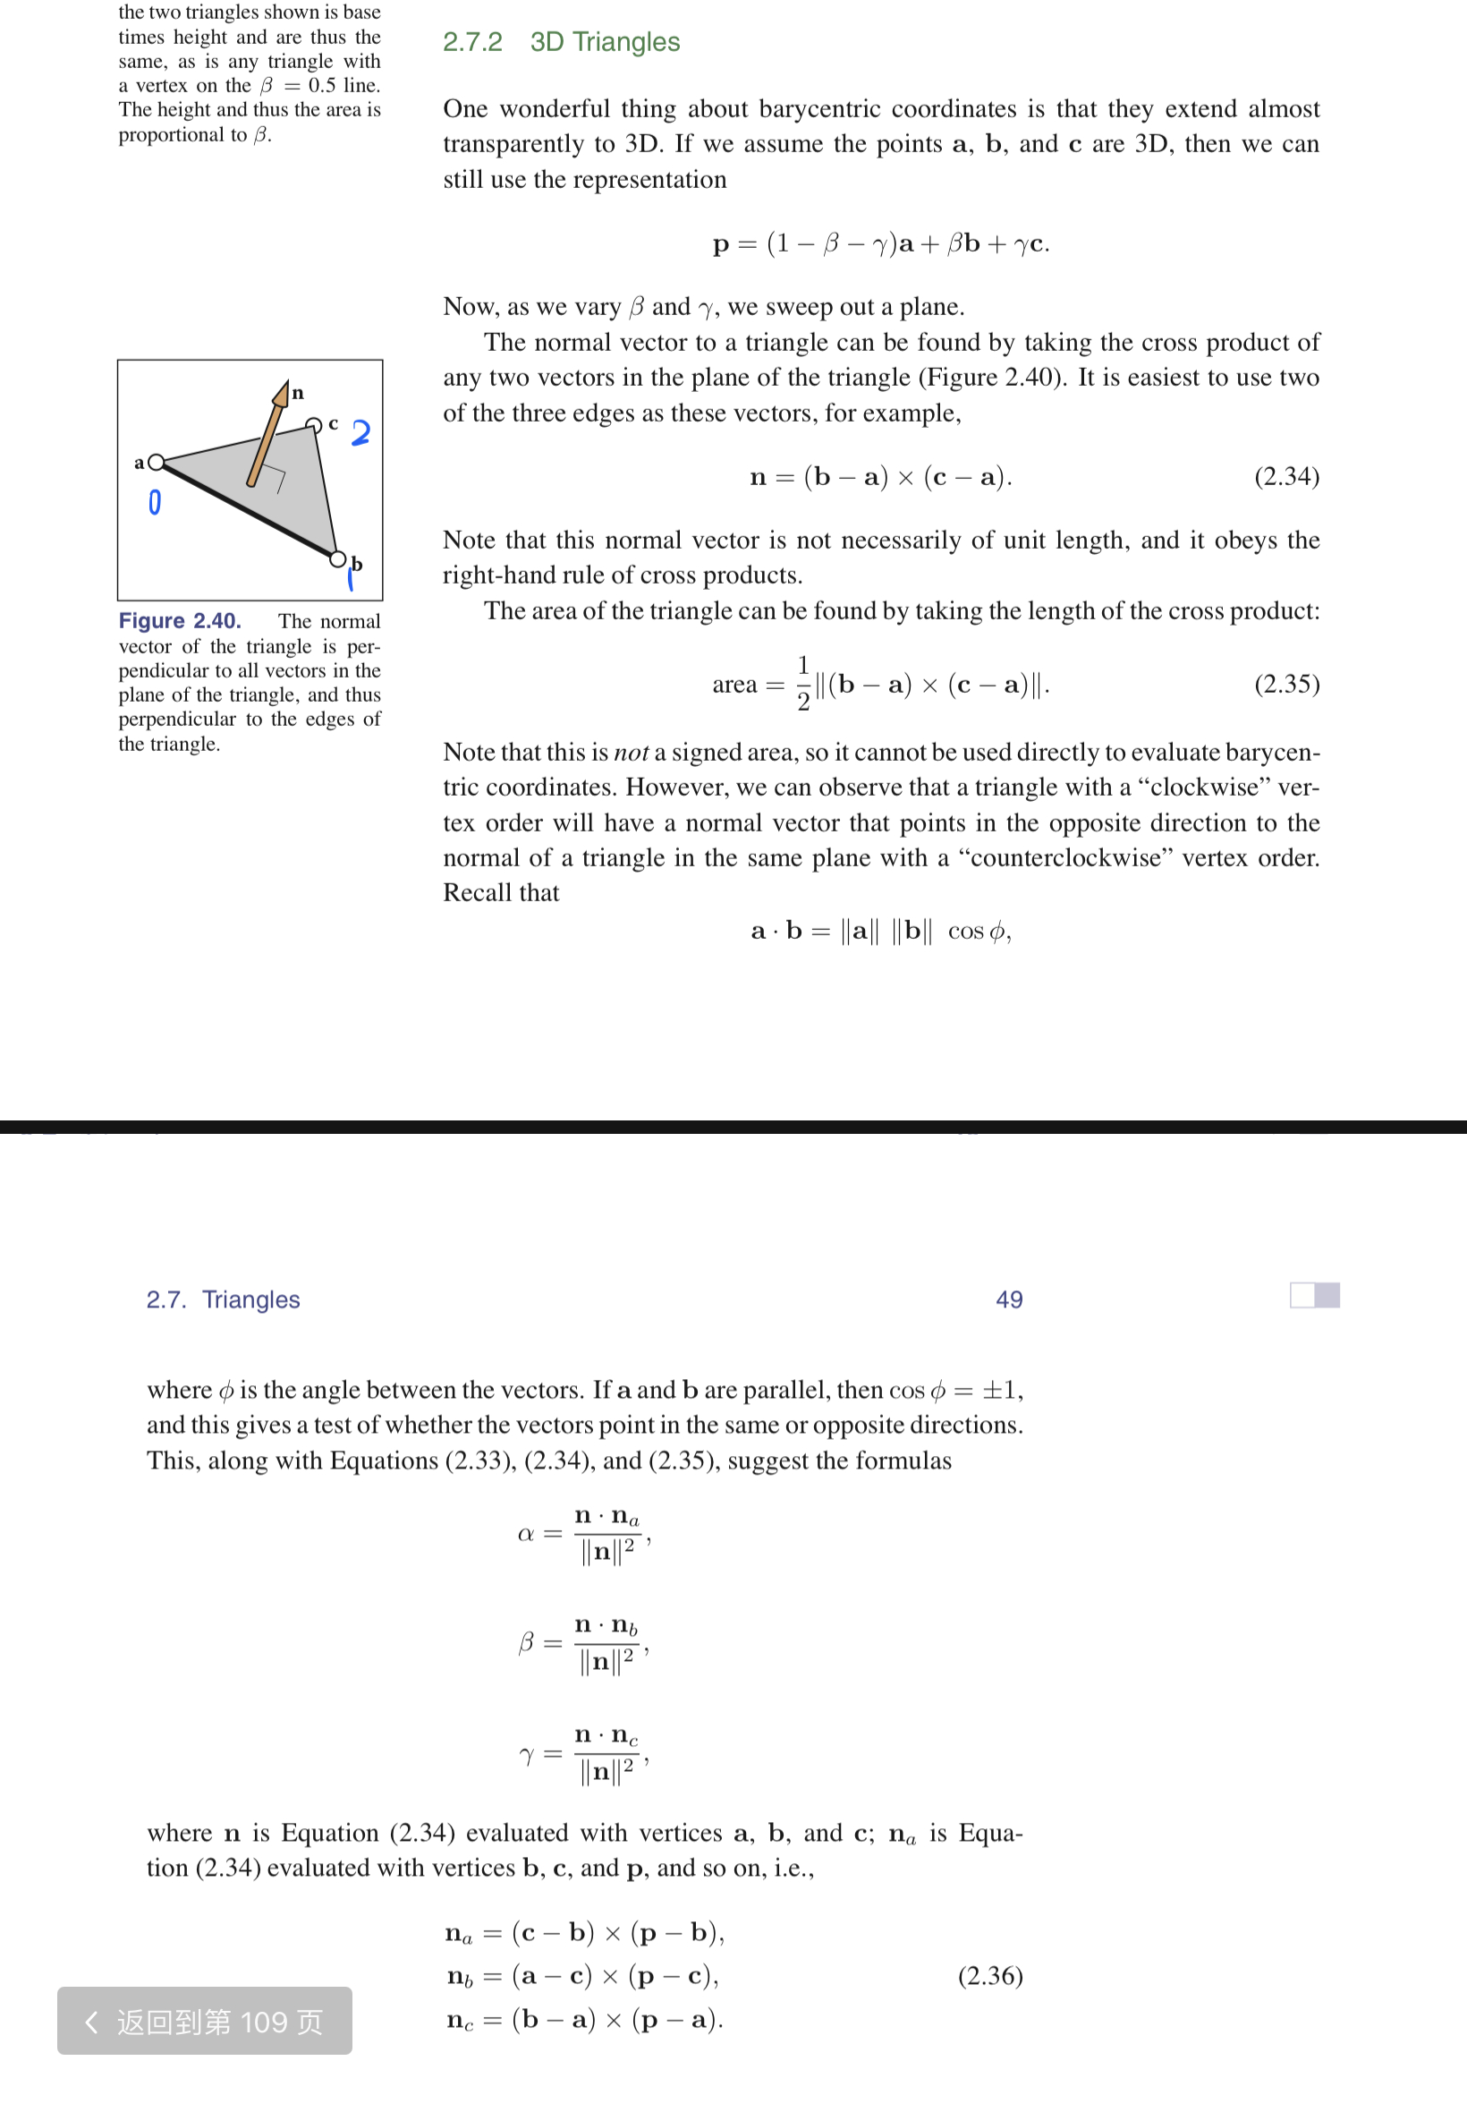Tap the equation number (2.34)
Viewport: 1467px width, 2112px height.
(1286, 476)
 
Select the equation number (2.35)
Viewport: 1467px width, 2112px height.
(1286, 684)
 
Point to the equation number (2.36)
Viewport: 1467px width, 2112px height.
(990, 1976)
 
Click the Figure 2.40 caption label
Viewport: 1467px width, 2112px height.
(180, 621)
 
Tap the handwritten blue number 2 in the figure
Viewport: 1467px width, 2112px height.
(360, 432)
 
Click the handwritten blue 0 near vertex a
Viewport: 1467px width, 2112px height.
(155, 502)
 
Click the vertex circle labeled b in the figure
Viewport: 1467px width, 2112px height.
(338, 559)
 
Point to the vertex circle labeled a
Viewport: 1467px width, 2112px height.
(157, 462)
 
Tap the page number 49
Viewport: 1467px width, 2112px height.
(1009, 1299)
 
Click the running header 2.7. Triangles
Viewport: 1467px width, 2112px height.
(223, 1299)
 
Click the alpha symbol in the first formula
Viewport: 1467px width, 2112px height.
(526, 1534)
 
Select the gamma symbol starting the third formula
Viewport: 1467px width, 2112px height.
(527, 1755)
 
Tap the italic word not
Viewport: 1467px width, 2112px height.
(631, 753)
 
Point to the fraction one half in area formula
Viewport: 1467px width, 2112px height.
(802, 683)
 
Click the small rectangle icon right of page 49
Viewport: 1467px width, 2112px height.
(1314, 1295)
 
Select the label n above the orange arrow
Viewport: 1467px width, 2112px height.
(298, 394)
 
